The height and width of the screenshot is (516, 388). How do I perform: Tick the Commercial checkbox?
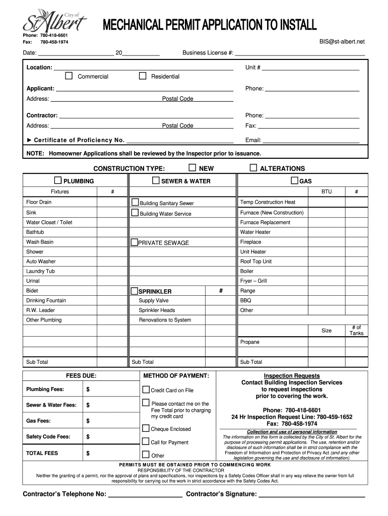tap(69, 76)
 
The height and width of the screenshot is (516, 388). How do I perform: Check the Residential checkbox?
tap(143, 76)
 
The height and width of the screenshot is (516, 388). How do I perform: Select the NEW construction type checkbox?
tap(192, 168)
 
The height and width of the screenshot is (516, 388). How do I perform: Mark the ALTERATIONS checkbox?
tap(253, 168)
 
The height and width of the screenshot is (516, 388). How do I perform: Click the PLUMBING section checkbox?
tap(58, 181)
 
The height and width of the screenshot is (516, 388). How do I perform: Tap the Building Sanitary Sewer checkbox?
tap(135, 203)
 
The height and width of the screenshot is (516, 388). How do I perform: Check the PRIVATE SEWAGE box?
tap(134, 242)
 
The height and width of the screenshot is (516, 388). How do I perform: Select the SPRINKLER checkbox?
tap(134, 291)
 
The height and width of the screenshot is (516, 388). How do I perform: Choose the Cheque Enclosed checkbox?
tap(146, 429)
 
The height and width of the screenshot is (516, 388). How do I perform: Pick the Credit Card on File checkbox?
tap(146, 390)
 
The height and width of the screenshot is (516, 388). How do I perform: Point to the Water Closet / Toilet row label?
tap(49, 222)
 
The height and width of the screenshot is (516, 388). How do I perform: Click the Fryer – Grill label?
tap(253, 281)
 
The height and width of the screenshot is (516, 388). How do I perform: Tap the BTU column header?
tap(327, 191)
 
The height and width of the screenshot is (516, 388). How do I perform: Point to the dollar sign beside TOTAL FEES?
tap(88, 453)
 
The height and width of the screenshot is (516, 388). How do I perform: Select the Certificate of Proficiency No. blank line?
tap(180, 141)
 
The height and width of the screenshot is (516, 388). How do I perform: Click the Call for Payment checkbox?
tap(146, 442)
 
